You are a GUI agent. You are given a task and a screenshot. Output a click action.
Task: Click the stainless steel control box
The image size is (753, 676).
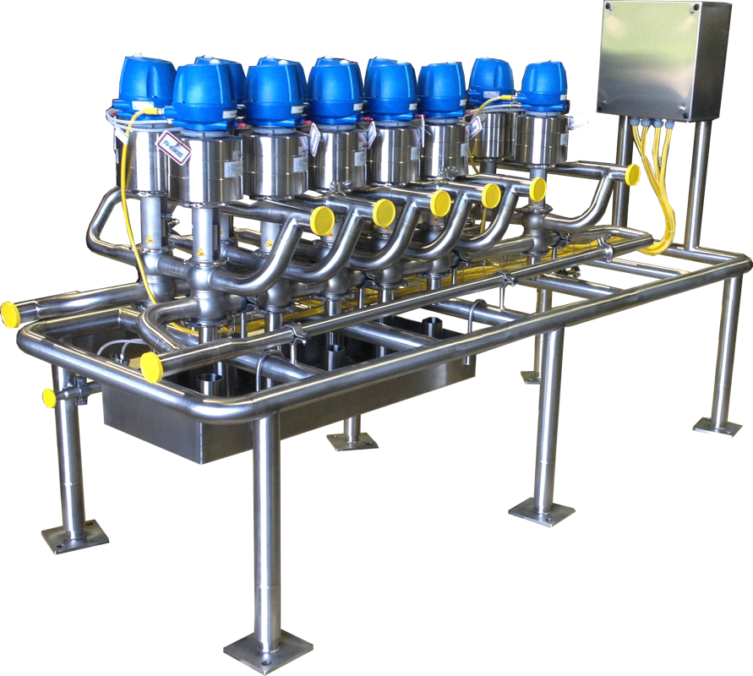click(x=662, y=58)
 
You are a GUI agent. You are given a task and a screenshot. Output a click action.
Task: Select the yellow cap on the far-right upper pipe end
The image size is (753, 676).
click(x=631, y=174)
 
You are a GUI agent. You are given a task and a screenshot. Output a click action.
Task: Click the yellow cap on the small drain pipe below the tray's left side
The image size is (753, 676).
click(x=49, y=397)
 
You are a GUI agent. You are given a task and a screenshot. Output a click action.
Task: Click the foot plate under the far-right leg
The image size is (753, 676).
click(x=718, y=425)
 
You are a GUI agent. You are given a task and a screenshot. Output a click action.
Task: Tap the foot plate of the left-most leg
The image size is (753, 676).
click(x=75, y=537)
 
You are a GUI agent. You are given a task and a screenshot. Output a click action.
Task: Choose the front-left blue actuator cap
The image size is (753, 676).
click(x=204, y=92)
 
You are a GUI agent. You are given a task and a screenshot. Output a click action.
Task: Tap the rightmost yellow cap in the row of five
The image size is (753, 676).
click(x=537, y=189)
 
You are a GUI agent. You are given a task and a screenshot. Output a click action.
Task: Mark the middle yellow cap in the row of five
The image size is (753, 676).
click(x=440, y=203)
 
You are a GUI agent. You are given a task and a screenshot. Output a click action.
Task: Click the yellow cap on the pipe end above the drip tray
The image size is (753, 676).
click(x=152, y=368)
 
